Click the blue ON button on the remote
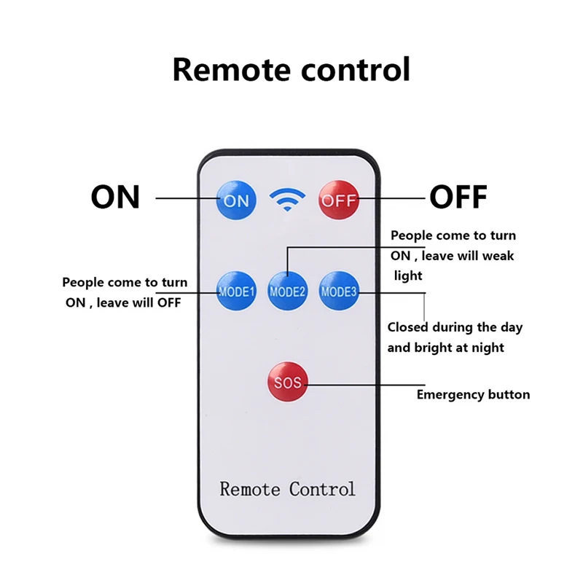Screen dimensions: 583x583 (236, 200)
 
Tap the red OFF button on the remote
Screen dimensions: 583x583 (339, 200)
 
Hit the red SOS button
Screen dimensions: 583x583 (287, 383)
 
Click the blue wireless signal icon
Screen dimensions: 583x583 (288, 199)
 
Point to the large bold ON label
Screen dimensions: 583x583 (115, 197)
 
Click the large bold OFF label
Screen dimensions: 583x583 (458, 197)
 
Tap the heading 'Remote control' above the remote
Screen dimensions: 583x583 (291, 70)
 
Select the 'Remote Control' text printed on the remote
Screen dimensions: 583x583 (287, 488)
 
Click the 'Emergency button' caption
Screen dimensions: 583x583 (473, 395)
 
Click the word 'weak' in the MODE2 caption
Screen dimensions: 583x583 (498, 256)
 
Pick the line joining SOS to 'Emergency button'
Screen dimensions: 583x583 (364, 383)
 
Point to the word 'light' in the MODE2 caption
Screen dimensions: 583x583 (407, 275)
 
